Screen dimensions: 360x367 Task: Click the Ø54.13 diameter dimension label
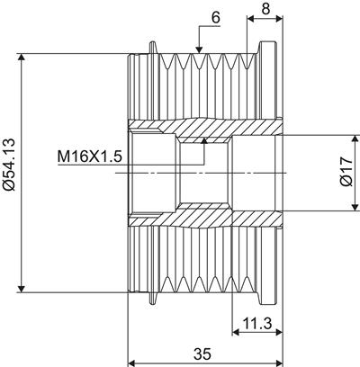pos(9,165)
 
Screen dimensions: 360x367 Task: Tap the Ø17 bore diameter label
pos(347,173)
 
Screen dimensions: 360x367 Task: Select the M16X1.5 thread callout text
pos(90,157)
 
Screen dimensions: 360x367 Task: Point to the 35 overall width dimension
pos(202,354)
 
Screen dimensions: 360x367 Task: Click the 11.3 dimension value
pos(257,323)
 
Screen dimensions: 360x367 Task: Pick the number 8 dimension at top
pos(265,9)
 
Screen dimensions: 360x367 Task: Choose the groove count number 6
pos(216,17)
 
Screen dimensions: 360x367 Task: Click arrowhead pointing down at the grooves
pos(199,49)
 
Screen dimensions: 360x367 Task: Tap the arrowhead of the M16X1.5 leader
pos(204,141)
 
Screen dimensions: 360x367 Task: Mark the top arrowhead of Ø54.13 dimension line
pos(21,58)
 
